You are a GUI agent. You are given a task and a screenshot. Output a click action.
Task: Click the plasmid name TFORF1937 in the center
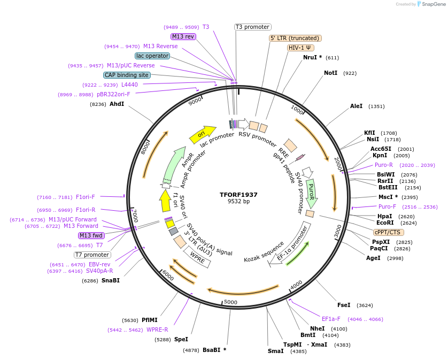pyautogui.click(x=238, y=194)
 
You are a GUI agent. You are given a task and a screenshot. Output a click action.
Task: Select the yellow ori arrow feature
pyautogui.click(x=202, y=134)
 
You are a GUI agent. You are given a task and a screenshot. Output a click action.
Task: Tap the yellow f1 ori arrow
pyautogui.click(x=165, y=201)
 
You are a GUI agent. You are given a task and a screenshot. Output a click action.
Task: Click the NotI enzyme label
pyautogui.click(x=330, y=73)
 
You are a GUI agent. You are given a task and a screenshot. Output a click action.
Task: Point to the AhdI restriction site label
pyautogui.click(x=117, y=104)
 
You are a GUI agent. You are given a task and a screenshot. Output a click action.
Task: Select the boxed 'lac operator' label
pyautogui.click(x=152, y=56)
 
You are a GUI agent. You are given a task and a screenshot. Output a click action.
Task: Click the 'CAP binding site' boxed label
pyautogui.click(x=127, y=75)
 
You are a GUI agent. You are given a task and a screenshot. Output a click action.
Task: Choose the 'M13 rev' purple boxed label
pyautogui.click(x=183, y=36)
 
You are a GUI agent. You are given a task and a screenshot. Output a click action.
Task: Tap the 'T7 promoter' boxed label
pyautogui.click(x=92, y=255)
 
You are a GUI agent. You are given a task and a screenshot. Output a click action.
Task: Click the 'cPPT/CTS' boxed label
pyautogui.click(x=389, y=232)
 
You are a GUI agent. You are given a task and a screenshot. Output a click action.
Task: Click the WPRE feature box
pyautogui.click(x=197, y=258)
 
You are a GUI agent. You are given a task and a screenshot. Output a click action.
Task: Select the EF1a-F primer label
pyautogui.click(x=331, y=319)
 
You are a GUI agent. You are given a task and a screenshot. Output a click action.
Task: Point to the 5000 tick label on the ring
pyautogui.click(x=230, y=302)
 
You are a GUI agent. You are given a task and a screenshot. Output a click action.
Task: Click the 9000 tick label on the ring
pyautogui.click(x=195, y=100)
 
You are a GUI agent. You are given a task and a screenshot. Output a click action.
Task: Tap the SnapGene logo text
pyautogui.click(x=433, y=4)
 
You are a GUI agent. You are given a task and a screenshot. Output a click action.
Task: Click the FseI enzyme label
pyautogui.click(x=343, y=305)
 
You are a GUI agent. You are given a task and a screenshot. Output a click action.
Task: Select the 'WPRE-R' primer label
pyautogui.click(x=157, y=330)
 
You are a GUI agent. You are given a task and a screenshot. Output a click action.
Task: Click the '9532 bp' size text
pyautogui.click(x=238, y=202)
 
